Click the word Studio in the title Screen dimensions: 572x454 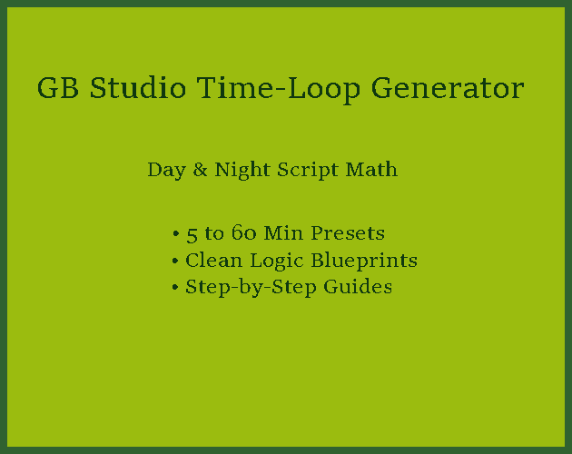pos(138,87)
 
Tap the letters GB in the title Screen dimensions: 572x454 pos(58,88)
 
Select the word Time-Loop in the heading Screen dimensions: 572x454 pos(279,89)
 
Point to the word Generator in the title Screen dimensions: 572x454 pos(448,88)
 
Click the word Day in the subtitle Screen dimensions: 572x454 pos(166,171)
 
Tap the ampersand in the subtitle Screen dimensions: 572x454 pos(200,170)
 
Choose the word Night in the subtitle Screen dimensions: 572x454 pos(242,171)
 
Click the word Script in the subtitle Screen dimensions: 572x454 pos(308,171)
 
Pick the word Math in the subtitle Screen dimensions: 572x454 pos(371,170)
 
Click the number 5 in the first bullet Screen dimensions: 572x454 pos(192,234)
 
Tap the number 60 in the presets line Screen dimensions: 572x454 pos(244,232)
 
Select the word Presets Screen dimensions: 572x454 pos(348,232)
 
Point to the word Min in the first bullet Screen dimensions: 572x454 pos(283,232)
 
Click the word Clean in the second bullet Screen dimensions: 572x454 pos(213,261)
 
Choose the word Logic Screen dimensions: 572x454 pos(277,262)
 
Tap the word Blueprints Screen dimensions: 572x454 pos(364,261)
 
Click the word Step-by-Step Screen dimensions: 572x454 pos(251,288)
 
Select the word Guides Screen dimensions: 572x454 pos(358,287)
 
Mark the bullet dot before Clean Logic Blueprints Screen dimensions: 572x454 pos(175,261)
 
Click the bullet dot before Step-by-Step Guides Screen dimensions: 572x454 pos(175,288)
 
